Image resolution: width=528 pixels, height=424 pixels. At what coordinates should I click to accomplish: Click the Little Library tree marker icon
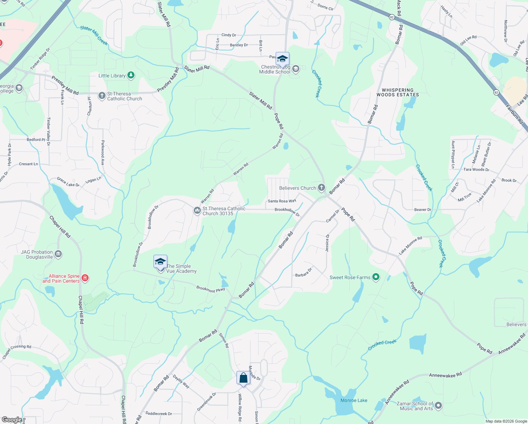point(131,75)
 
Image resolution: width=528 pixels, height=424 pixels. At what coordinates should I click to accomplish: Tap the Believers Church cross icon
point(321,188)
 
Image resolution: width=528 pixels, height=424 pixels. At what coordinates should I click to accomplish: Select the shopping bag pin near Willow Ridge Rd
point(243,378)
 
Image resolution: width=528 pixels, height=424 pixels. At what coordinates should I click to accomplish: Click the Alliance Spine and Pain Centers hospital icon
point(85,278)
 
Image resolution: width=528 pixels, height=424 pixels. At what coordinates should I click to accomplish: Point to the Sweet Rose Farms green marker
point(376,277)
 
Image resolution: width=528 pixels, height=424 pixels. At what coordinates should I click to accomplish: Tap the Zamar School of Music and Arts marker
point(438,406)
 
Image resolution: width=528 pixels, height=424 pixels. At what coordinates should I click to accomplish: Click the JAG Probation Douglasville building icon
point(58,254)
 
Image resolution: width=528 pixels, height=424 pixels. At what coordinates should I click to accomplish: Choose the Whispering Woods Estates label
point(397,93)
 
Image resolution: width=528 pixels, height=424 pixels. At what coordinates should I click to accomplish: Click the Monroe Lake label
point(354,400)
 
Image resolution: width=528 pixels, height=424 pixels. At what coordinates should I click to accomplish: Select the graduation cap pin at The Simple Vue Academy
point(160,262)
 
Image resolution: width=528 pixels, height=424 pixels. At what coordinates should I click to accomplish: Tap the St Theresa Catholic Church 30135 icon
point(197,211)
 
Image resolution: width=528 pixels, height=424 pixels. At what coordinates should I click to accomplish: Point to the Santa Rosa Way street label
point(282,201)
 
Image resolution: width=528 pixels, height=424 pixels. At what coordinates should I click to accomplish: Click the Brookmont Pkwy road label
point(210,289)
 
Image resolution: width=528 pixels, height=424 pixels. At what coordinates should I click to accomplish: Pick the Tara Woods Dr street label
point(476,170)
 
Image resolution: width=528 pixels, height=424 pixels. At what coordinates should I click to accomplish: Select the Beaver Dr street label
point(422,210)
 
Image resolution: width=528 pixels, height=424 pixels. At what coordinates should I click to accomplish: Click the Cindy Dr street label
point(229,35)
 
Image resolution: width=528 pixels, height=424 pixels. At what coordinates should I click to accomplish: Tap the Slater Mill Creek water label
point(94,35)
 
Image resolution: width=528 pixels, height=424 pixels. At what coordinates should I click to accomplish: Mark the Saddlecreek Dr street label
point(158,413)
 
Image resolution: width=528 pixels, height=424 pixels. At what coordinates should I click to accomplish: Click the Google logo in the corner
point(12,420)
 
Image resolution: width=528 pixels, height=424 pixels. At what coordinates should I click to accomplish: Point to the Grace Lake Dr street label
point(68,182)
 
